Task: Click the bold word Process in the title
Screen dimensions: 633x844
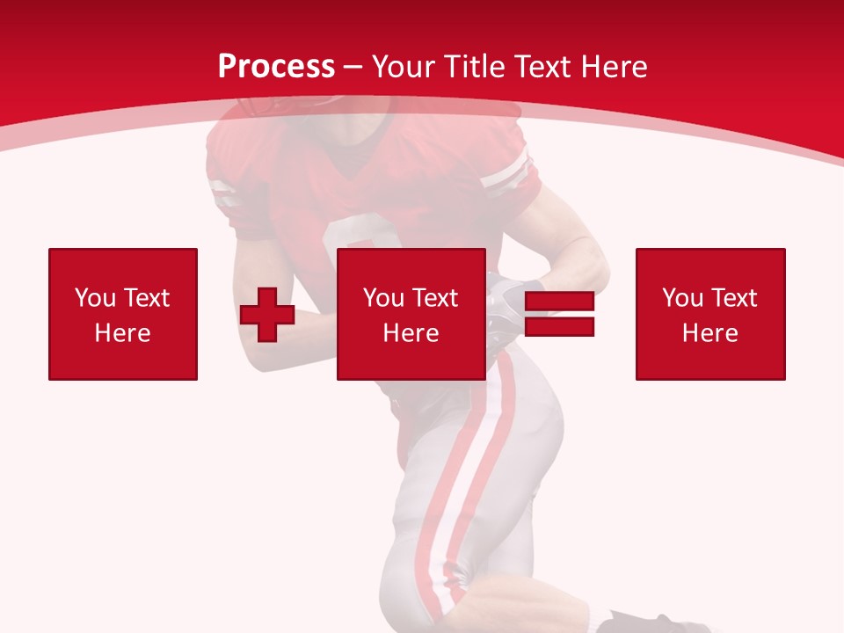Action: pos(276,67)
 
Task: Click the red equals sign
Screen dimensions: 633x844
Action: pos(559,314)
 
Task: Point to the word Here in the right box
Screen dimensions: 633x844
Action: pos(710,333)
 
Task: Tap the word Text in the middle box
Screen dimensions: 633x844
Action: pos(435,298)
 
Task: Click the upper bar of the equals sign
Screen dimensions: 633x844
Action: pos(559,302)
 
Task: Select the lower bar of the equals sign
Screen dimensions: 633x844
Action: pos(559,327)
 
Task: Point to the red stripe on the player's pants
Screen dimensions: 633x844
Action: pos(479,457)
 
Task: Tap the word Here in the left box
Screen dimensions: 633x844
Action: pos(123,333)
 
